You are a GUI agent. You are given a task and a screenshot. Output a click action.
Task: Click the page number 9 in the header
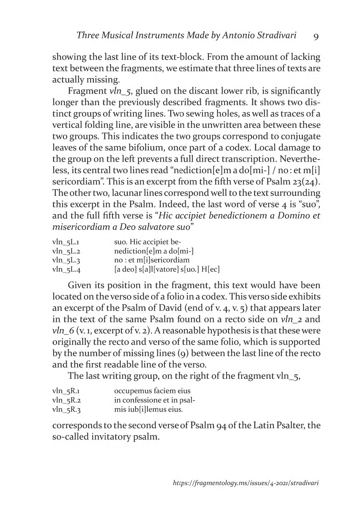tap(316, 36)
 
